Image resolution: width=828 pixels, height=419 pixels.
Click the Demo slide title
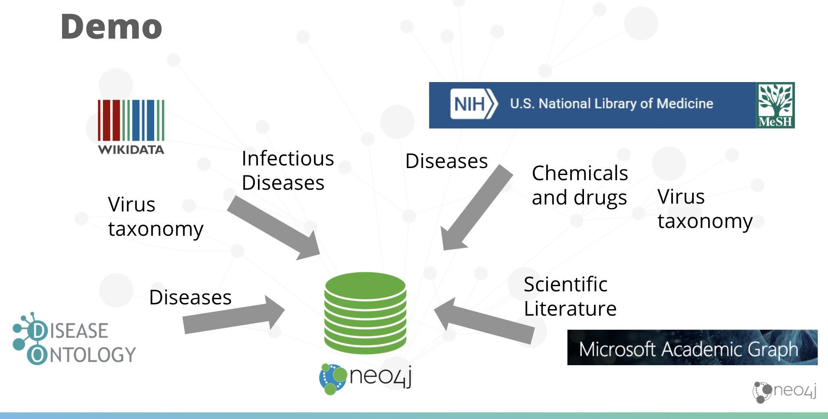(111, 26)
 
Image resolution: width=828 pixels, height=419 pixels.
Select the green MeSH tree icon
(775, 105)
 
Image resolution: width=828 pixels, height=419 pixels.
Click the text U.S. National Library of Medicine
(611, 103)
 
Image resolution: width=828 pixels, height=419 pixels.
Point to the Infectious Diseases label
(287, 170)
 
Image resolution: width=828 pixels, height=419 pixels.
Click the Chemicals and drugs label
(580, 185)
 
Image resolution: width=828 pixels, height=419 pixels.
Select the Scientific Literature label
(570, 297)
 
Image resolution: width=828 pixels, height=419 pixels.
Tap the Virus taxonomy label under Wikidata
(155, 217)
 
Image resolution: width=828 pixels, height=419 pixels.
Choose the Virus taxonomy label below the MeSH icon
(705, 209)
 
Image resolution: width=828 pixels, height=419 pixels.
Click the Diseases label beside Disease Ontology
(190, 297)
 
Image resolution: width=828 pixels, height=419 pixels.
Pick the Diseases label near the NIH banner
(446, 161)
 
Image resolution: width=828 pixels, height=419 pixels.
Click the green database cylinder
(365, 313)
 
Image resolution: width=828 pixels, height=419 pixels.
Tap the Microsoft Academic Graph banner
(692, 347)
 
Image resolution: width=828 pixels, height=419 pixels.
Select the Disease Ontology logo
(74, 338)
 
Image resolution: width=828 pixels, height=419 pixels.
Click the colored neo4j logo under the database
(365, 378)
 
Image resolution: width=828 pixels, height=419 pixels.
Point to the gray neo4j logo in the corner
(785, 392)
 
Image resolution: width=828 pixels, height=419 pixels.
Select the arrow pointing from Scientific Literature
(484, 321)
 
